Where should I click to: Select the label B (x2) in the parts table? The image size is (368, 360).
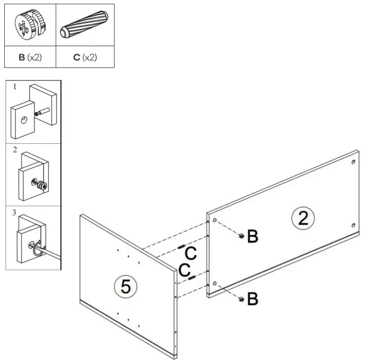point(30,57)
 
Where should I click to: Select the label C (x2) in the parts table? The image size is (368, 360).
point(85,57)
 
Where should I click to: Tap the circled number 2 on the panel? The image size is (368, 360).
point(303,218)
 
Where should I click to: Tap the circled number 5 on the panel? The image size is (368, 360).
point(126,287)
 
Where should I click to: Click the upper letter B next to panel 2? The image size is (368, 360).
point(253,237)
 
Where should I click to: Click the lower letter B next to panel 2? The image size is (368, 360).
point(253,299)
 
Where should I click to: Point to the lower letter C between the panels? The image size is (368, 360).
point(185,270)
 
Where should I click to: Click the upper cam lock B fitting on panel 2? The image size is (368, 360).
point(241,236)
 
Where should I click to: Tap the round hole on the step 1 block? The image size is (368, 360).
point(23,122)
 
